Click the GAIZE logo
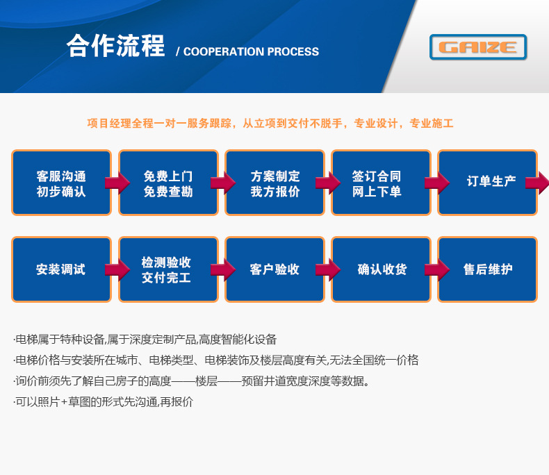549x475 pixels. click(x=478, y=47)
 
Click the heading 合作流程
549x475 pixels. click(x=116, y=47)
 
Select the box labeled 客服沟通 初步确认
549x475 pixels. click(x=61, y=183)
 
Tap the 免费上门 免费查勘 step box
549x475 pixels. click(x=168, y=183)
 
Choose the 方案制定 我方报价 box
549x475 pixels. click(x=274, y=183)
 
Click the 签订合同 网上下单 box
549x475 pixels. click(x=380, y=183)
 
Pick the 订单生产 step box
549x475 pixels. click(x=487, y=183)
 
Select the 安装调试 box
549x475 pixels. click(x=61, y=269)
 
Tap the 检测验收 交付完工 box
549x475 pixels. click(x=168, y=269)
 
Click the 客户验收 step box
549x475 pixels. click(x=274, y=269)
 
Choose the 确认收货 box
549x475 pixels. click(x=381, y=269)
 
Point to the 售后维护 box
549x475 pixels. click(x=487, y=269)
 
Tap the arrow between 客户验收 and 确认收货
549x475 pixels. click(x=328, y=269)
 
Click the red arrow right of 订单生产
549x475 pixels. click(x=537, y=183)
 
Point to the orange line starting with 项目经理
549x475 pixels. click(x=270, y=124)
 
